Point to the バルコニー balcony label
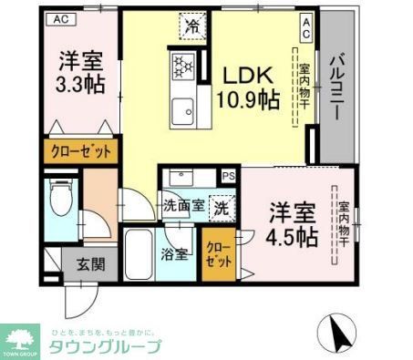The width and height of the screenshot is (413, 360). click(336, 83)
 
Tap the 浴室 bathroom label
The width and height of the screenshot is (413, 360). click(175, 253)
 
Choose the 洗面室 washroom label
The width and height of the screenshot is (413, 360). click(183, 206)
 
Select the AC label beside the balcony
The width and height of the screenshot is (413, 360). click(306, 27)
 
